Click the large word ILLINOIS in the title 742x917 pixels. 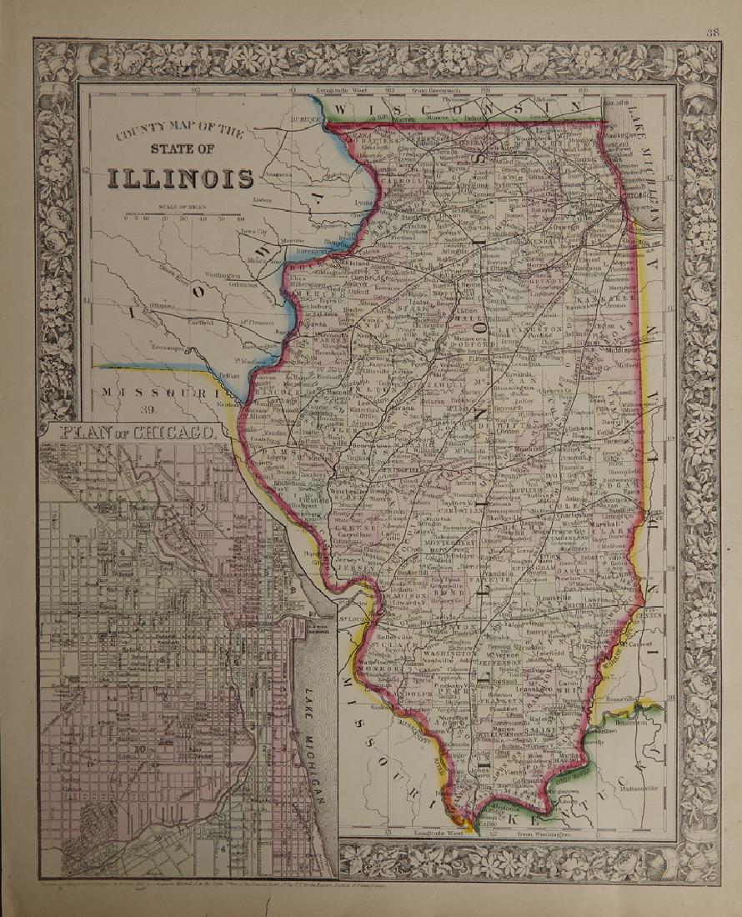tap(180, 179)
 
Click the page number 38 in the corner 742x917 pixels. tap(711, 33)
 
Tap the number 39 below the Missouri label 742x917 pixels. tap(149, 408)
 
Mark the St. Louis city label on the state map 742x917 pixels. tap(348, 619)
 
